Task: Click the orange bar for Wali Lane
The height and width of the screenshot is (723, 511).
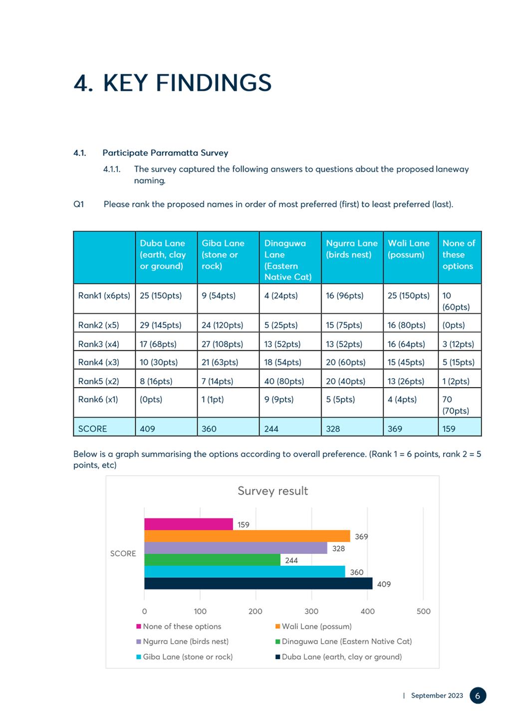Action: tap(247, 536)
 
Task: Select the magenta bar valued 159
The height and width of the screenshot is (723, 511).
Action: tap(189, 524)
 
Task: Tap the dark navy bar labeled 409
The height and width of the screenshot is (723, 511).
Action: tap(258, 584)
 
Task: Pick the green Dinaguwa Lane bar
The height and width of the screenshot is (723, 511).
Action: tap(212, 560)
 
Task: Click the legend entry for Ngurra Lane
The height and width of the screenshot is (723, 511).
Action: tap(182, 641)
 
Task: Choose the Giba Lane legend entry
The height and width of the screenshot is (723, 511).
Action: tap(184, 657)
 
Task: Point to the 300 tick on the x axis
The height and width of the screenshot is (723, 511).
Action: tap(311, 611)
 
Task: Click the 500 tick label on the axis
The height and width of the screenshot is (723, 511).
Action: tap(423, 611)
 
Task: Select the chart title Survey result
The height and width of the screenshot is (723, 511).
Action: tap(273, 491)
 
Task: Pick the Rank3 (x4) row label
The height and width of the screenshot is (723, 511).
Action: tap(98, 344)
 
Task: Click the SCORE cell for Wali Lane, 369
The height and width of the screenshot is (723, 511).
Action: tap(395, 429)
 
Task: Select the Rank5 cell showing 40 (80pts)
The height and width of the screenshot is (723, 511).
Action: tap(284, 381)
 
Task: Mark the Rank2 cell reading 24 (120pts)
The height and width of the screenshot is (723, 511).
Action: tap(223, 325)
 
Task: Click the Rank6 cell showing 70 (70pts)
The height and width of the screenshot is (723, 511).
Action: tap(456, 405)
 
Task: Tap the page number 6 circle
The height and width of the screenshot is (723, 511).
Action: tap(478, 696)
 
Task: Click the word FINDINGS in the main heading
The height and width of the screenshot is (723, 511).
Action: tap(214, 83)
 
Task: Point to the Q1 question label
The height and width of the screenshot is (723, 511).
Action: tap(78, 204)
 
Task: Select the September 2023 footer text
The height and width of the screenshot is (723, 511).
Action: tap(437, 696)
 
